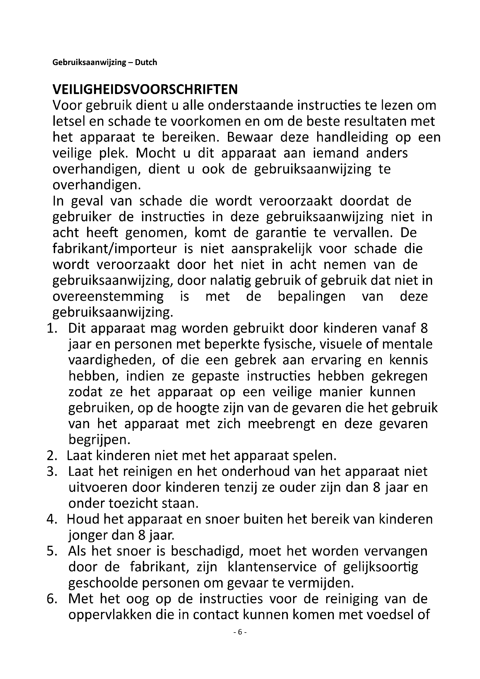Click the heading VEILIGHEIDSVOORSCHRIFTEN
tap(145, 89)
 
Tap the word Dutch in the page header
tap(146, 62)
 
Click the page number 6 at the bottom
tap(240, 632)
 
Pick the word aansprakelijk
tap(271, 249)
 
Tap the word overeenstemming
tap(108, 297)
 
